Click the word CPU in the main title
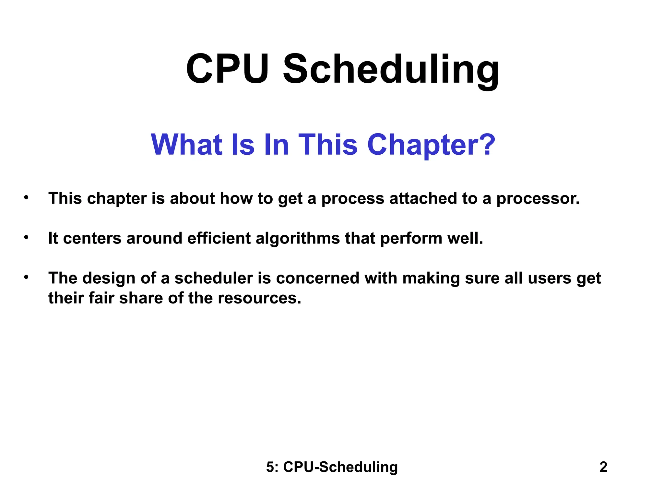pos(227,69)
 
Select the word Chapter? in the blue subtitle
pos(431,145)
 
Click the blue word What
pos(186,145)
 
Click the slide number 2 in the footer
pos(603,467)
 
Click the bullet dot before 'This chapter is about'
pos(26,197)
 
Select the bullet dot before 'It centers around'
pos(26,238)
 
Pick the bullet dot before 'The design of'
pos(26,277)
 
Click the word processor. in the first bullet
pos(538,199)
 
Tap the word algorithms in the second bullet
pos(298,238)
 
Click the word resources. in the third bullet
pos(259,298)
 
